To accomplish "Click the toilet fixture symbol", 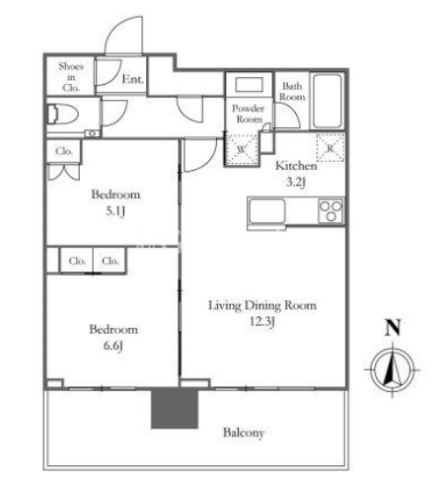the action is point(63,114).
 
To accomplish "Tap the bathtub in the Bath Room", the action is point(327,101).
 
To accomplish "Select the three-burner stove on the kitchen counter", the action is point(330,210).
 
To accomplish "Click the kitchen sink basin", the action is point(266,211).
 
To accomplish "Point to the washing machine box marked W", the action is point(242,149).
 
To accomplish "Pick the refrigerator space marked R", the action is point(330,148).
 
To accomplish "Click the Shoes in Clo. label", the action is point(71,77).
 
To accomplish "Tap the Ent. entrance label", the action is point(133,79).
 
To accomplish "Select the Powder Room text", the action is point(249,114).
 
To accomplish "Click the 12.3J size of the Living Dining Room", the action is point(261,321).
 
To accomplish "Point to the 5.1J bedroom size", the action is point(115,211).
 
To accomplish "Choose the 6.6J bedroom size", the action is point(113,346).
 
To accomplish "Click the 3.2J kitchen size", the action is point(296,182).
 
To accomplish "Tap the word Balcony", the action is point(244,433).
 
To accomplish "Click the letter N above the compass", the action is point(393,327).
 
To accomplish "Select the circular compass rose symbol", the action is point(393,369).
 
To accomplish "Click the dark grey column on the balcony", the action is point(175,408).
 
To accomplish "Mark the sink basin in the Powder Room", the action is point(250,85).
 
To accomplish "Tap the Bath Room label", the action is point(292,92).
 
